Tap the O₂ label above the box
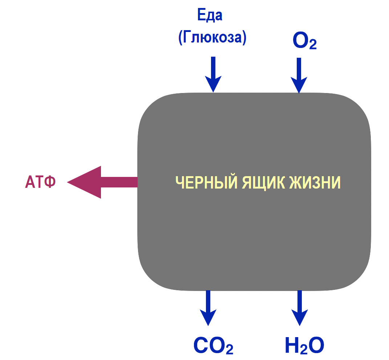click(x=304, y=41)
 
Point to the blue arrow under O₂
click(x=299, y=75)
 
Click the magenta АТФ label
click(x=40, y=182)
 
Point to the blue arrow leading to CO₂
click(x=208, y=307)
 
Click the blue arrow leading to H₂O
click(x=300, y=307)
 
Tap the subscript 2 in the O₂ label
click(x=312, y=45)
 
